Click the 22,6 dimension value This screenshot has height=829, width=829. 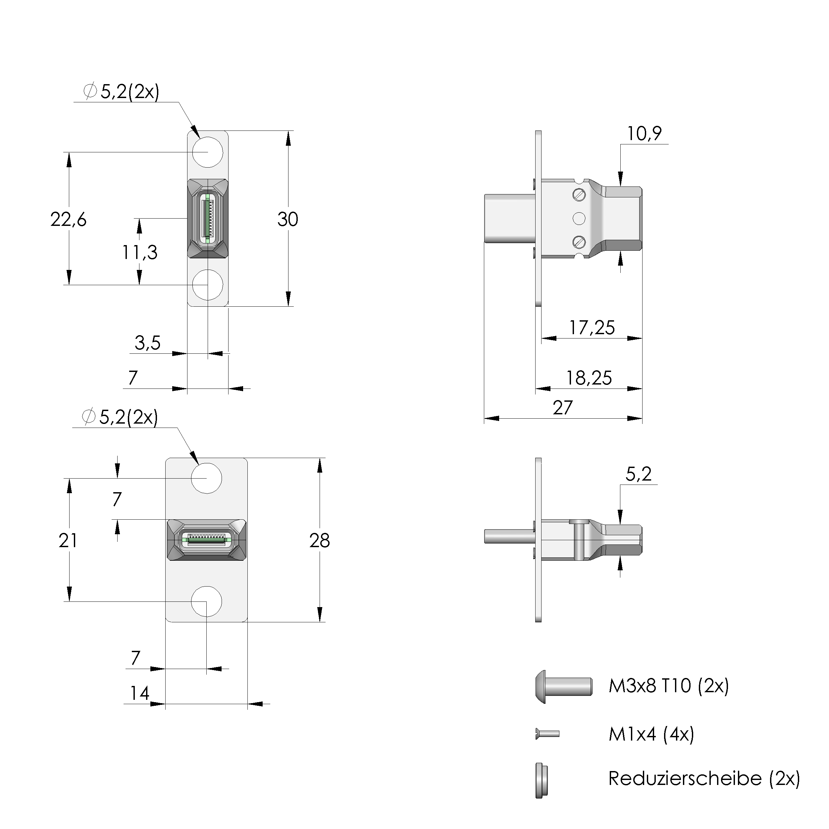[x=68, y=220]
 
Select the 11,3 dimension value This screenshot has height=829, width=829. [x=139, y=253]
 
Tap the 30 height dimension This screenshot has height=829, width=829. [x=287, y=220]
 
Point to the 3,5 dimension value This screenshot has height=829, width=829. [x=148, y=343]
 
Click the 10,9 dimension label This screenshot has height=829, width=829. [x=644, y=134]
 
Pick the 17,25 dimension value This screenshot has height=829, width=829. [x=592, y=328]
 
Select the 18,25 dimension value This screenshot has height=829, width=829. [x=589, y=378]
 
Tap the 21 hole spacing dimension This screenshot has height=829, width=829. [x=68, y=541]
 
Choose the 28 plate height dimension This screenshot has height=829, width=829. [x=319, y=541]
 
